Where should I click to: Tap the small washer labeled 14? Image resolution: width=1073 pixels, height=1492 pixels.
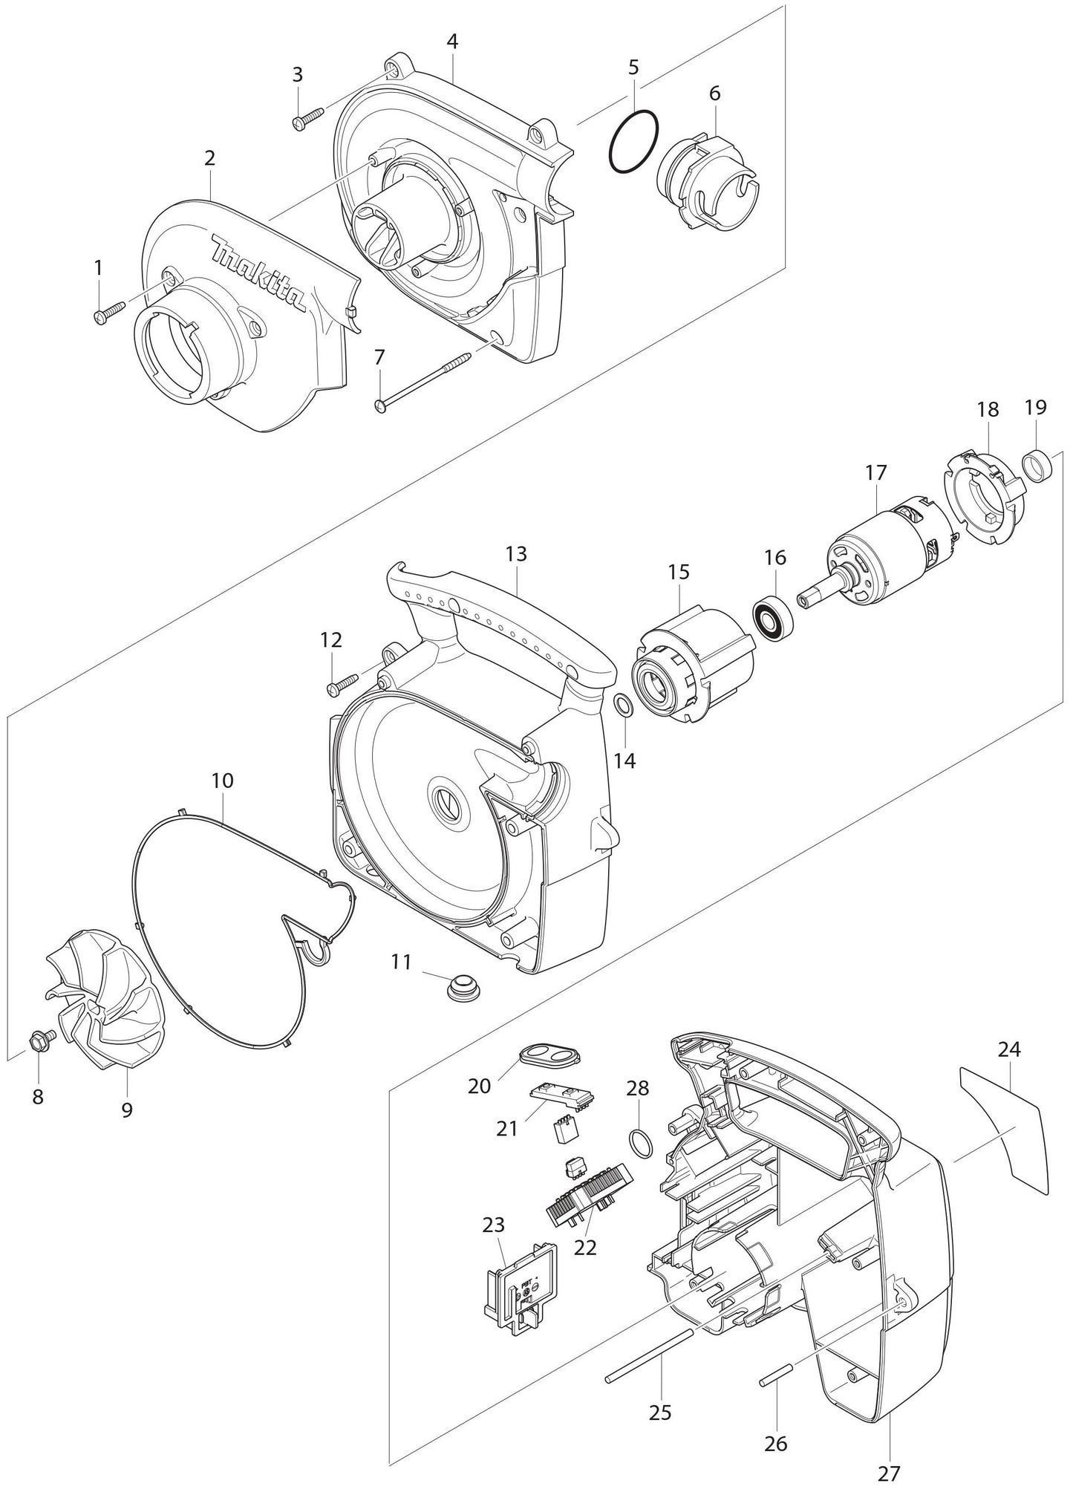tap(624, 704)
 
